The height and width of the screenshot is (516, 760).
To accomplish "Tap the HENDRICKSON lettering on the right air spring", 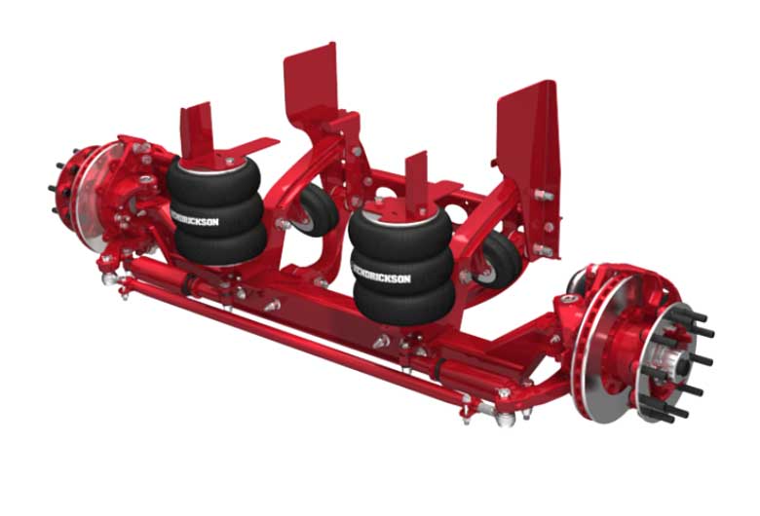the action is (381, 274).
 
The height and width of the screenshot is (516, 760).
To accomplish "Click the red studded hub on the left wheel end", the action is (68, 187).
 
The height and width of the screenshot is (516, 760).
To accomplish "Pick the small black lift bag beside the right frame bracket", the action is (499, 259).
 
